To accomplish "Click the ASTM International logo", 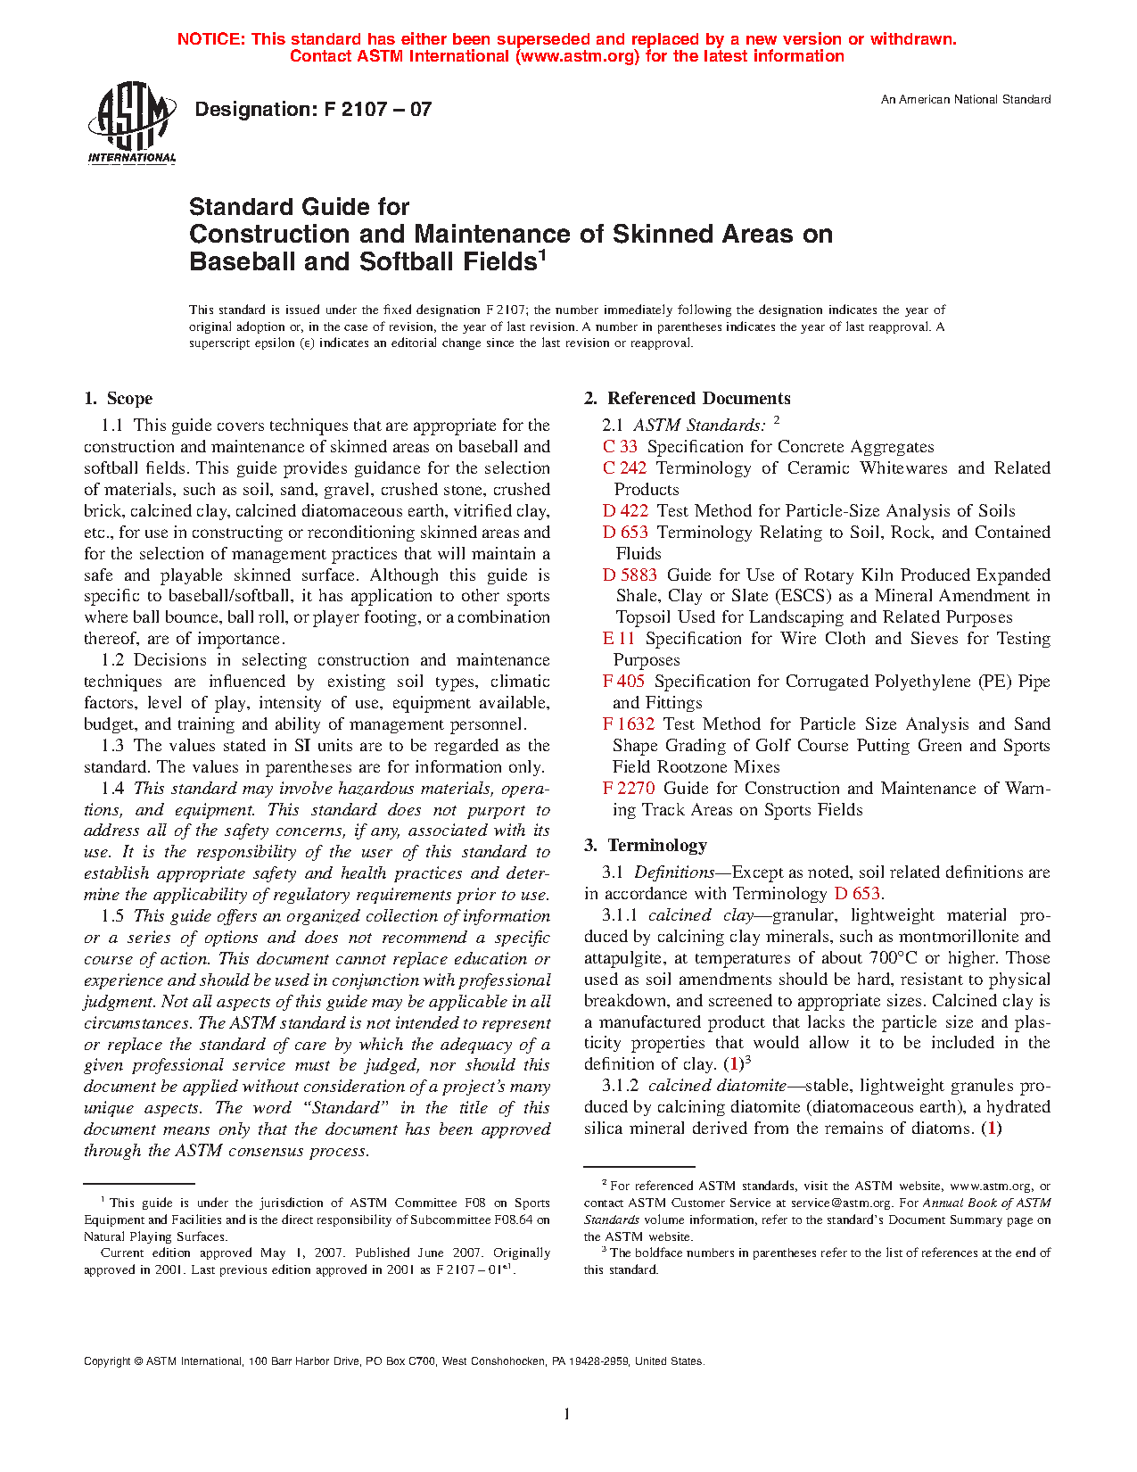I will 131,123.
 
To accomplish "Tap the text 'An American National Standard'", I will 965,100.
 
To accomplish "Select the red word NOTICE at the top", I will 210,39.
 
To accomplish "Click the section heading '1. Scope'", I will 119,399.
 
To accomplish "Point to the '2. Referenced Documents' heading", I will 688,399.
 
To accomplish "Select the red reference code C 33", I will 620,447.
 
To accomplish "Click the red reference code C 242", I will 624,468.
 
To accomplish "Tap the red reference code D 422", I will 625,511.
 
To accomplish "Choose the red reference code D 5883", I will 630,575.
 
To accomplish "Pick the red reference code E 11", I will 619,639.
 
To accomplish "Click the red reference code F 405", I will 623,682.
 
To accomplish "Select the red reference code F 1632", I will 629,724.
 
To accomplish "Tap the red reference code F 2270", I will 629,789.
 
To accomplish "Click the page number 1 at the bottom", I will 567,1413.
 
